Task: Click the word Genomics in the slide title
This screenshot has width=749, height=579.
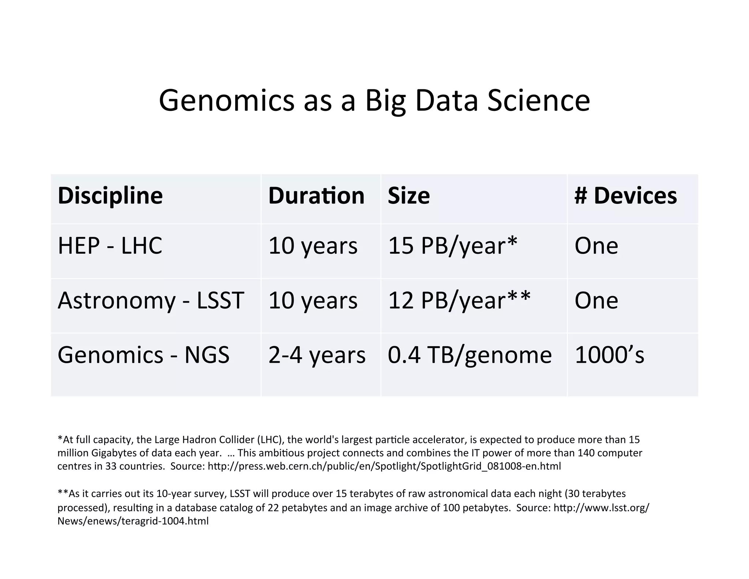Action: click(x=226, y=101)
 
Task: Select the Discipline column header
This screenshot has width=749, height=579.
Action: click(x=110, y=196)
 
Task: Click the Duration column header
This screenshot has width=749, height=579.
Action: click(x=316, y=196)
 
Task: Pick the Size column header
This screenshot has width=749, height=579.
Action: click(x=409, y=196)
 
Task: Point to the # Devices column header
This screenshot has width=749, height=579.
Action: click(x=625, y=196)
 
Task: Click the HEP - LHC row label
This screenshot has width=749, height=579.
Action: click(x=110, y=246)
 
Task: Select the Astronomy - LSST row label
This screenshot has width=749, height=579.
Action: click(x=151, y=300)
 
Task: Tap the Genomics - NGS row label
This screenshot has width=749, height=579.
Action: click(x=143, y=355)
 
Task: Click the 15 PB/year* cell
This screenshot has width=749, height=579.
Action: click(x=452, y=246)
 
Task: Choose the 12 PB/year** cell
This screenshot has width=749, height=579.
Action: click(x=459, y=300)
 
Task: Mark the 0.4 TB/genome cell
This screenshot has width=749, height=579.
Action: click(x=470, y=355)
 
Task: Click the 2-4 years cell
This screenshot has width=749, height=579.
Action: click(x=317, y=355)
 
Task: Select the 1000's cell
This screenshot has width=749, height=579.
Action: click(x=609, y=355)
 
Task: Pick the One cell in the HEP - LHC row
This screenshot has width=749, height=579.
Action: click(x=596, y=246)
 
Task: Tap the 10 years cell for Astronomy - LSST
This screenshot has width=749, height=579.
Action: click(x=313, y=300)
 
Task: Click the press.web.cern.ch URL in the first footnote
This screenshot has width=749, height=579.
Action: click(x=384, y=466)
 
